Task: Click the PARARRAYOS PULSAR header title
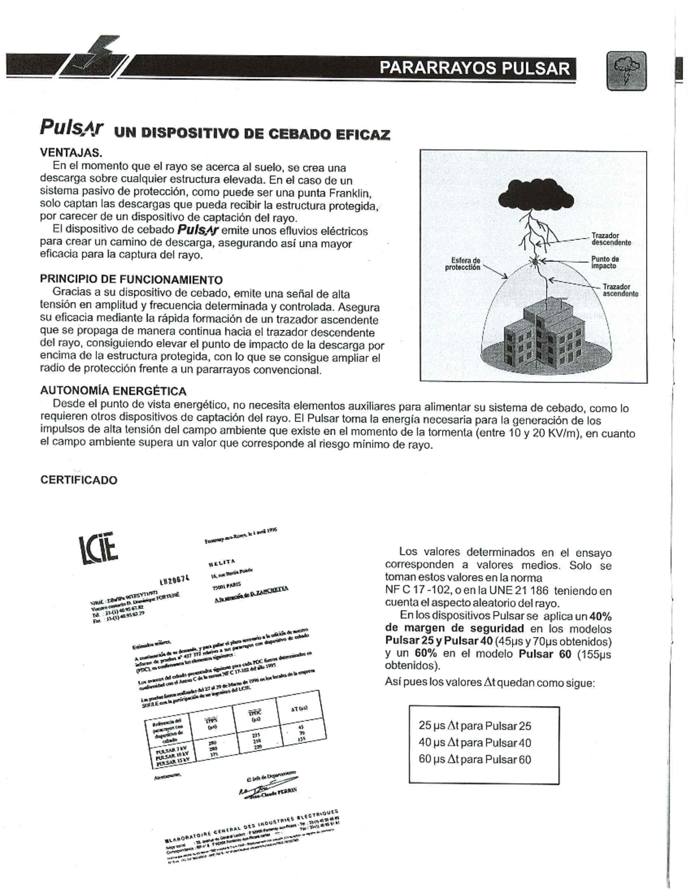click(474, 69)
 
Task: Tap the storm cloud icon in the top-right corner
click(627, 70)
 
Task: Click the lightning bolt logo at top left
click(95, 59)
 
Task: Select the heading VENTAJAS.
click(71, 153)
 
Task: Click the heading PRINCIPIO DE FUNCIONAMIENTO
click(131, 280)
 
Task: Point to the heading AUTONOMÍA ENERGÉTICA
click(113, 390)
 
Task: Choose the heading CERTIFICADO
click(78, 480)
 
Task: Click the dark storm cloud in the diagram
click(533, 195)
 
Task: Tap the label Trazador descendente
click(611, 239)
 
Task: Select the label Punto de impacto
click(605, 263)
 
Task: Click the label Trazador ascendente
click(620, 290)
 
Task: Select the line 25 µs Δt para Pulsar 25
click(474, 726)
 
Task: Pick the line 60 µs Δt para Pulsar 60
click(474, 759)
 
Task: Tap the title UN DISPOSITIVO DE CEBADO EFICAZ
click(252, 135)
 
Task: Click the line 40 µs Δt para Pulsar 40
click(474, 743)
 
